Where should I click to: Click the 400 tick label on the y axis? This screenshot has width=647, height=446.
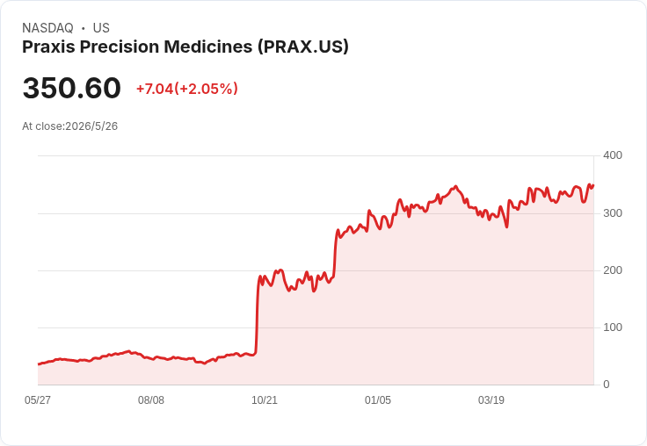click(x=613, y=155)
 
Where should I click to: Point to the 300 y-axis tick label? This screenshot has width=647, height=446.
click(x=613, y=213)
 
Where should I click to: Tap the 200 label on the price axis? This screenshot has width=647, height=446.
click(x=613, y=270)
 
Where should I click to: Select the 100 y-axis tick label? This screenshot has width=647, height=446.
click(x=613, y=327)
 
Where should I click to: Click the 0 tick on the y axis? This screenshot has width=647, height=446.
click(x=607, y=385)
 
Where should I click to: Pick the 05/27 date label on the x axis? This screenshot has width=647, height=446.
click(x=38, y=400)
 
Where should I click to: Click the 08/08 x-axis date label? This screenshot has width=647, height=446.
click(x=151, y=400)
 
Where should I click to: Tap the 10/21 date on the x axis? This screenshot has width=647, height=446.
click(x=265, y=400)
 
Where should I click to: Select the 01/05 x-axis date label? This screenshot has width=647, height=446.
click(x=377, y=400)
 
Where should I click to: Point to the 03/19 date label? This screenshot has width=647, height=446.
click(x=491, y=400)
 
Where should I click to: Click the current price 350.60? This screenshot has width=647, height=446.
click(x=72, y=88)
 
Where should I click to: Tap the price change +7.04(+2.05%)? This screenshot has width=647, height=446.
click(x=187, y=89)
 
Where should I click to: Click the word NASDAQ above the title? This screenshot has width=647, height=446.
click(x=47, y=28)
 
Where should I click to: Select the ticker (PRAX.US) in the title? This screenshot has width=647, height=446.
click(x=303, y=47)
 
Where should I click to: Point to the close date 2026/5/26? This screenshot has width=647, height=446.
click(x=91, y=126)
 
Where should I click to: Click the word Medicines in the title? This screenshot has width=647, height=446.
click(x=208, y=47)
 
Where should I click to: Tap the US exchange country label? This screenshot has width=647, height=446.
click(x=101, y=28)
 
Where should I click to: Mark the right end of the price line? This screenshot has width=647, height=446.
click(x=593, y=185)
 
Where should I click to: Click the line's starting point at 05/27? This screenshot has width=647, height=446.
click(x=39, y=364)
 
